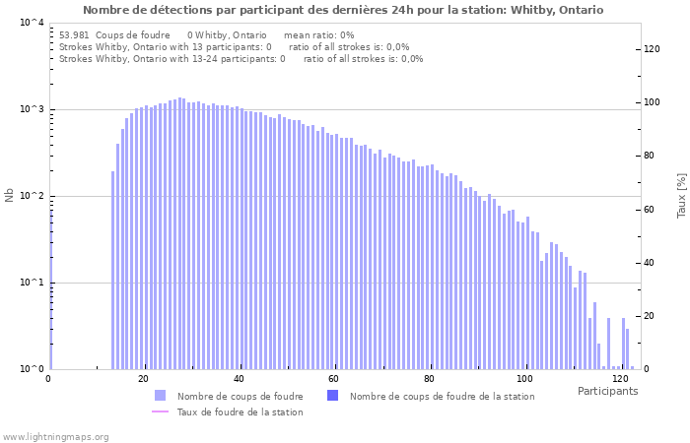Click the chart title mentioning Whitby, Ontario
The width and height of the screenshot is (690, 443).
pos(343,10)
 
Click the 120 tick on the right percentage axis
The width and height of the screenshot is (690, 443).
pos(652,49)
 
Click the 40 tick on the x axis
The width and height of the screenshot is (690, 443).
pos(239,379)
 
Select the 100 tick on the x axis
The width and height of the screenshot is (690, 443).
pos(524,379)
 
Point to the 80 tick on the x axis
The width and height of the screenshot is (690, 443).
pos(429,379)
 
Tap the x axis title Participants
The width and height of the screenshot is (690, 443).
pos(607,391)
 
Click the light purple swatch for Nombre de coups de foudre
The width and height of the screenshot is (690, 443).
pos(161,396)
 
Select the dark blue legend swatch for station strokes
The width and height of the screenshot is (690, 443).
pos(332,396)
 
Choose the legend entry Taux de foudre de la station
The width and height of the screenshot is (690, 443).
pos(240,411)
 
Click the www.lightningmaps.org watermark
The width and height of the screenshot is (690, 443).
pos(55,436)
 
